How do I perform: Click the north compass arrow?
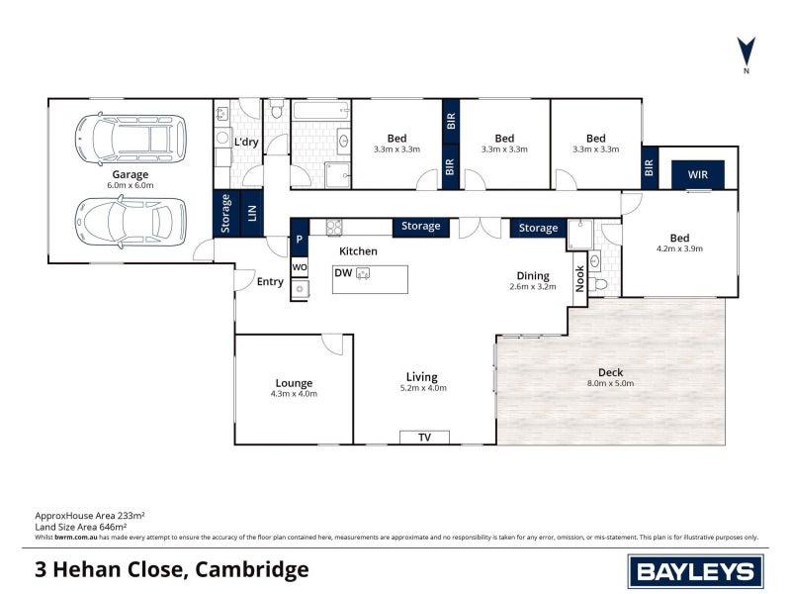coord(747,50)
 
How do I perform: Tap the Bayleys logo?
coord(695,571)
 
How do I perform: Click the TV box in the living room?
coord(424,438)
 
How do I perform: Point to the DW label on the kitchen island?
coord(343,272)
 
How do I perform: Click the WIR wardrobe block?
coord(698,175)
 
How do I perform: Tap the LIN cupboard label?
coord(251,214)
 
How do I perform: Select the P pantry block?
coord(299,240)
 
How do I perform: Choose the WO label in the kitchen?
coord(300,268)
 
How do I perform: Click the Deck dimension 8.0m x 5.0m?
coord(610,383)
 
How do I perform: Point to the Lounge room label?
coord(294,383)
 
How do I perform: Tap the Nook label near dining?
coord(579,276)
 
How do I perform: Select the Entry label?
coord(270,282)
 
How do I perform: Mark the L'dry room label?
coord(246,143)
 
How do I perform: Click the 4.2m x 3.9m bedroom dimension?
coord(679,249)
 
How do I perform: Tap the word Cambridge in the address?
coord(252,569)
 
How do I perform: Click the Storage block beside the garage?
coord(225,214)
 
